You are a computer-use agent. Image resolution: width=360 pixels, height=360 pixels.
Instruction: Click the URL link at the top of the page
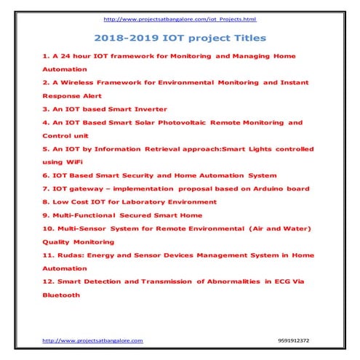click(180, 19)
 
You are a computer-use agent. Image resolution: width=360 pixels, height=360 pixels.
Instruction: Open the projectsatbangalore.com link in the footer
click(93, 340)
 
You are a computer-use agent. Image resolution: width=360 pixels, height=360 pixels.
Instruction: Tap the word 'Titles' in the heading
click(246, 36)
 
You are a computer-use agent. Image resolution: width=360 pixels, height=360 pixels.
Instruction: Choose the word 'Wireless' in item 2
click(78, 82)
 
